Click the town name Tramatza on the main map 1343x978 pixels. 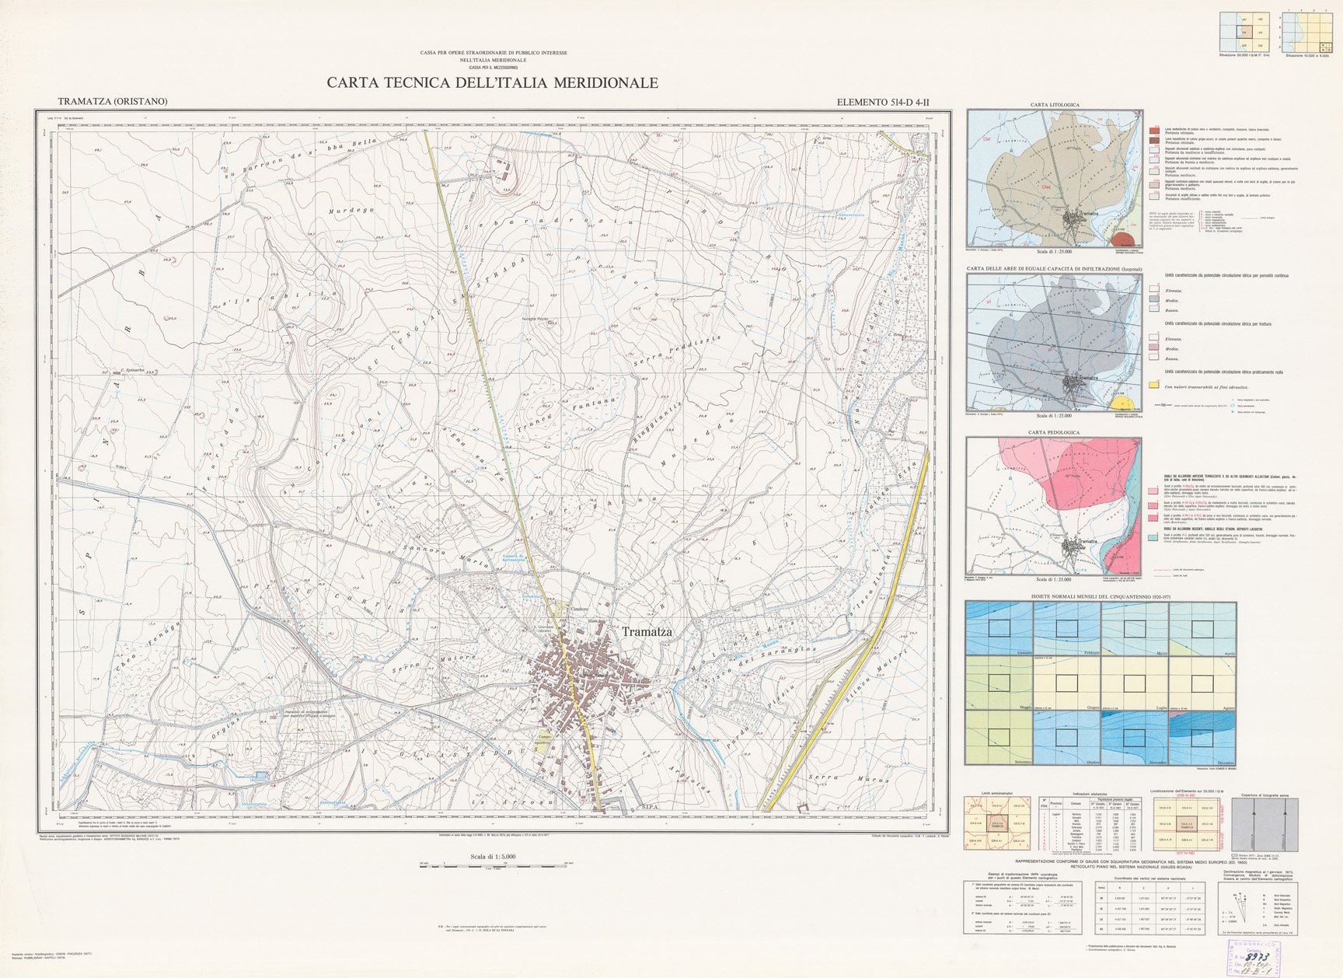(647, 632)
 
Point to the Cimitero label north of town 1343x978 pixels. (577, 609)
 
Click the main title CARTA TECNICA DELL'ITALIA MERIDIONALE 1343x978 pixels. (492, 83)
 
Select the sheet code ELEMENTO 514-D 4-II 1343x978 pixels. (882, 102)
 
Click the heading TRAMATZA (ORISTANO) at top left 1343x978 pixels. (113, 102)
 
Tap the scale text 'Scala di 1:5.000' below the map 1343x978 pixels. (492, 857)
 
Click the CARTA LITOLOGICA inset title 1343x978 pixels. (1054, 105)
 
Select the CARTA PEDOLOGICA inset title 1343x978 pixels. (1053, 432)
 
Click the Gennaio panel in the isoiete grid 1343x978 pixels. (999, 629)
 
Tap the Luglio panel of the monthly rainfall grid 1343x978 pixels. (1134, 683)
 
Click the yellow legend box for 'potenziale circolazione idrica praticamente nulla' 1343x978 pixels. (1154, 386)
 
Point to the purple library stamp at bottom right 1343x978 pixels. (1262, 958)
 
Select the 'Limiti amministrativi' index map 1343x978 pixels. (997, 823)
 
